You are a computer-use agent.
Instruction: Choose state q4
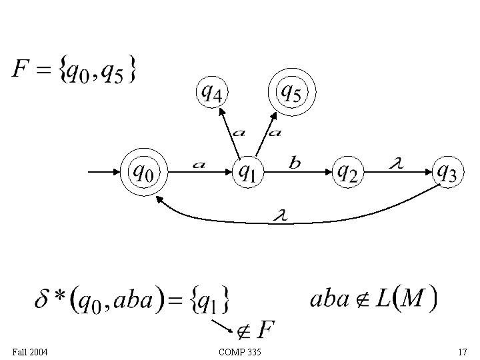pyautogui.click(x=212, y=93)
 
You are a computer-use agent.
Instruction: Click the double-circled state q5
pyautogui.click(x=290, y=93)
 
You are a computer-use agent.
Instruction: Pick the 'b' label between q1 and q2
pyautogui.click(x=295, y=162)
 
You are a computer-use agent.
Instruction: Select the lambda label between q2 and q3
pyautogui.click(x=395, y=163)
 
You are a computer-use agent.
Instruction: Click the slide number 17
pyautogui.click(x=462, y=351)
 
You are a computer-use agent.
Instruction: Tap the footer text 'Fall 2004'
pyautogui.click(x=29, y=351)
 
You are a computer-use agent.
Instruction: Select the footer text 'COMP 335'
pyautogui.click(x=239, y=351)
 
